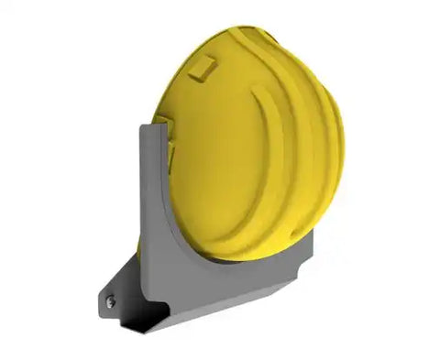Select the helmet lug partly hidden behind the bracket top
162,120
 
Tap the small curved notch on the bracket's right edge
311,237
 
